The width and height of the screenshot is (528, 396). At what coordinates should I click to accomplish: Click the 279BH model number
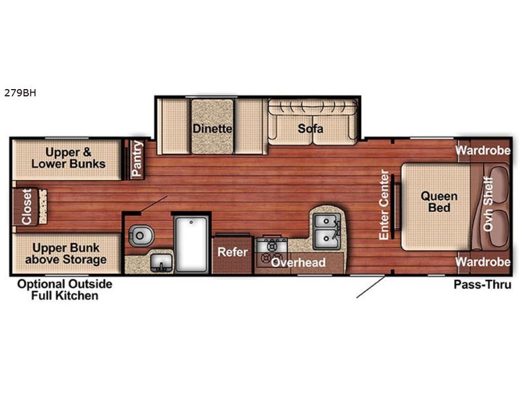pyautogui.click(x=20, y=92)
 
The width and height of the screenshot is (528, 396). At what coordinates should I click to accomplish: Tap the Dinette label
pyautogui.click(x=213, y=128)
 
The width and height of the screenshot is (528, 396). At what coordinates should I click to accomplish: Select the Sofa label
pyautogui.click(x=310, y=128)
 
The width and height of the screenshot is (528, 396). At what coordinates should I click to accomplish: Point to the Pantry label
pyautogui.click(x=137, y=158)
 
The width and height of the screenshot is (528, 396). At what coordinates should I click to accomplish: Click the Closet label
pyautogui.click(x=26, y=207)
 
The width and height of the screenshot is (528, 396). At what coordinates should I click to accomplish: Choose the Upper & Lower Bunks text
pyautogui.click(x=69, y=158)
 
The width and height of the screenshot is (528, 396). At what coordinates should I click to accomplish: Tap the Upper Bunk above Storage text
pyautogui.click(x=66, y=253)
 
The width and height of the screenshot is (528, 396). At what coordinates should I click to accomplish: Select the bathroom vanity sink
pyautogui.click(x=161, y=263)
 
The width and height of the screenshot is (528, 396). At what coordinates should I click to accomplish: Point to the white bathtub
pyautogui.click(x=191, y=244)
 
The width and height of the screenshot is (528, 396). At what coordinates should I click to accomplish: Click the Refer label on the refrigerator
pyautogui.click(x=233, y=251)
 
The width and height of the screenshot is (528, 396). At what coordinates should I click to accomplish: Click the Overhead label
pyautogui.click(x=298, y=262)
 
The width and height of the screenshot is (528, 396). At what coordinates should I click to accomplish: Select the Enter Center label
pyautogui.click(x=384, y=205)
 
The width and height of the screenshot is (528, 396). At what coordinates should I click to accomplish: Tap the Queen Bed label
pyautogui.click(x=439, y=202)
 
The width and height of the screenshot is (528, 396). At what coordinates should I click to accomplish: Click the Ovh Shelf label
pyautogui.click(x=488, y=204)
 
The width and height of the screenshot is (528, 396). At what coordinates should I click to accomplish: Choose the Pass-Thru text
pyautogui.click(x=482, y=284)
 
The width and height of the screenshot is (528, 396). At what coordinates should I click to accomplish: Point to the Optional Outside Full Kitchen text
pyautogui.click(x=65, y=290)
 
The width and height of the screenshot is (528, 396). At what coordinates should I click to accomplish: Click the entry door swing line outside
pyautogui.click(x=370, y=287)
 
